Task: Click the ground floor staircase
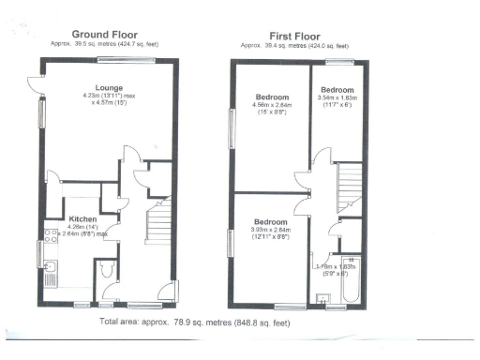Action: click(157, 230)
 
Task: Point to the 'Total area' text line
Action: click(195, 322)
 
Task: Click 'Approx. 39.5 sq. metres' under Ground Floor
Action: click(105, 44)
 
